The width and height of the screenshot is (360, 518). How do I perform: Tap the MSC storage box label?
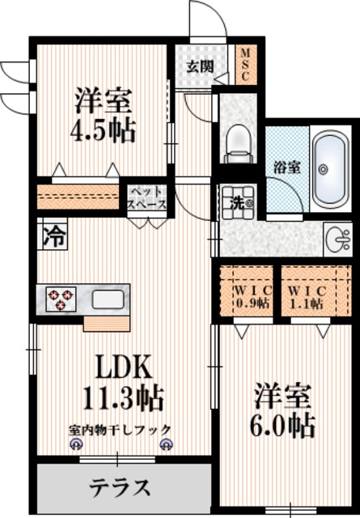pos(245,64)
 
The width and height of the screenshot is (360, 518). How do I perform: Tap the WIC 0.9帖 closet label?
pos(243,297)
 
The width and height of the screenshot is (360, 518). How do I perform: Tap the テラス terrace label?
pos(119,488)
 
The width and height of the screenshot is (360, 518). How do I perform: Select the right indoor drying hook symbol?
pos(166,444)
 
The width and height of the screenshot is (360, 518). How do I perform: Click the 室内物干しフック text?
pos(121,430)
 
